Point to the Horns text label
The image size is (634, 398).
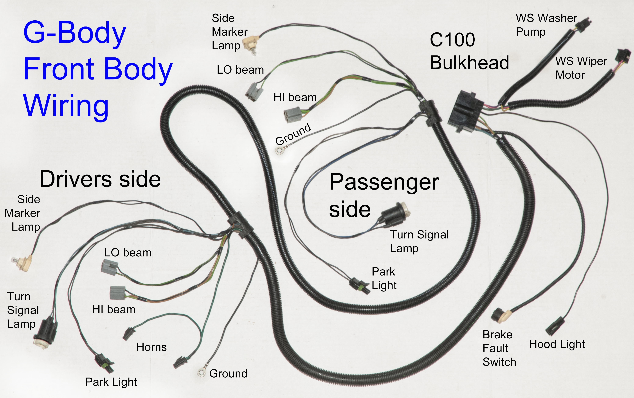(151, 347)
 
